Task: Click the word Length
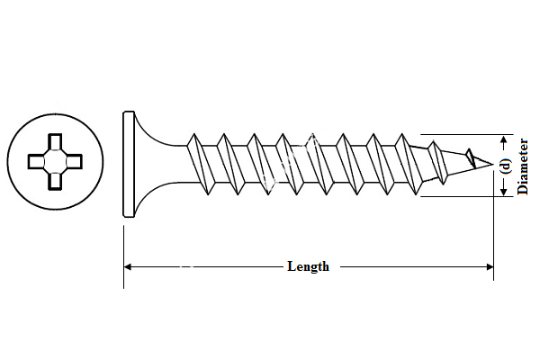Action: [308, 266]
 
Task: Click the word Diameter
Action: [524, 166]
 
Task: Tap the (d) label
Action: [506, 166]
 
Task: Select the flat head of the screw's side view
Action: [127, 164]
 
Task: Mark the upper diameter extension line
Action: [459, 133]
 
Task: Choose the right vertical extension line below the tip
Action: [493, 234]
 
